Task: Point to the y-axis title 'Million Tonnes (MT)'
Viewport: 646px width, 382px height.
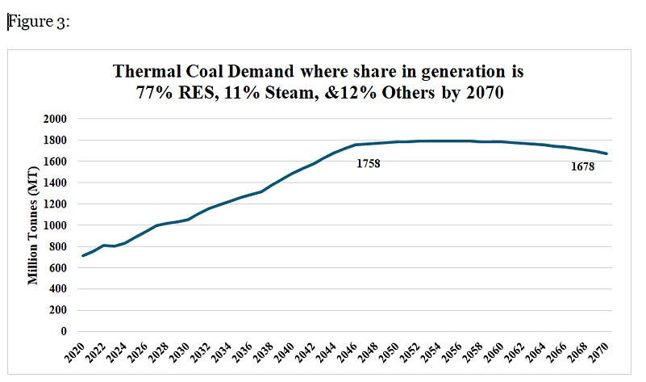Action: coord(34,224)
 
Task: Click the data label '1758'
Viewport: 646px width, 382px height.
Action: coord(367,164)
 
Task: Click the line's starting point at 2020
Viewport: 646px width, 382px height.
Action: coord(83,255)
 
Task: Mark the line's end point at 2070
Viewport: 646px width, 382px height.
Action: coord(606,153)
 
